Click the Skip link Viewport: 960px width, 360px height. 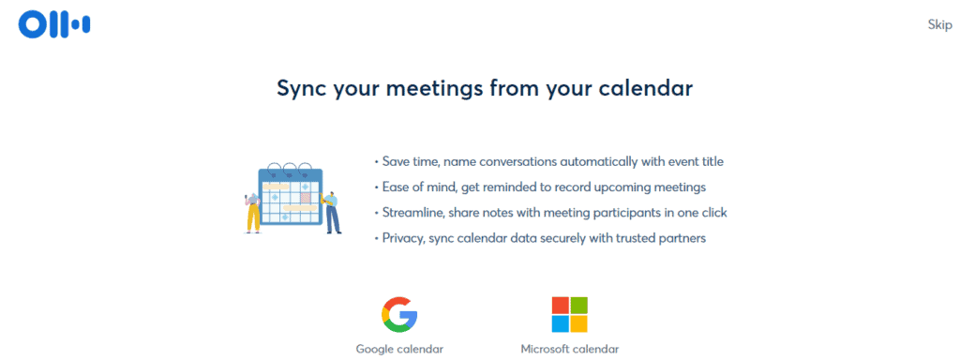pos(939,24)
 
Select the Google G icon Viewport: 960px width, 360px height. pos(399,314)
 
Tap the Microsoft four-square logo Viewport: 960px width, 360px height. pos(569,314)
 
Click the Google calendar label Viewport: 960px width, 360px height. pos(399,349)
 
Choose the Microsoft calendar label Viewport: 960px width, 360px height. pos(569,349)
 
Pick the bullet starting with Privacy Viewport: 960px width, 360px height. pos(539,238)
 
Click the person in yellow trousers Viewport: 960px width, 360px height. pos(253,213)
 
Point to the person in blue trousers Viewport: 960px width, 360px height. pos(332,213)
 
